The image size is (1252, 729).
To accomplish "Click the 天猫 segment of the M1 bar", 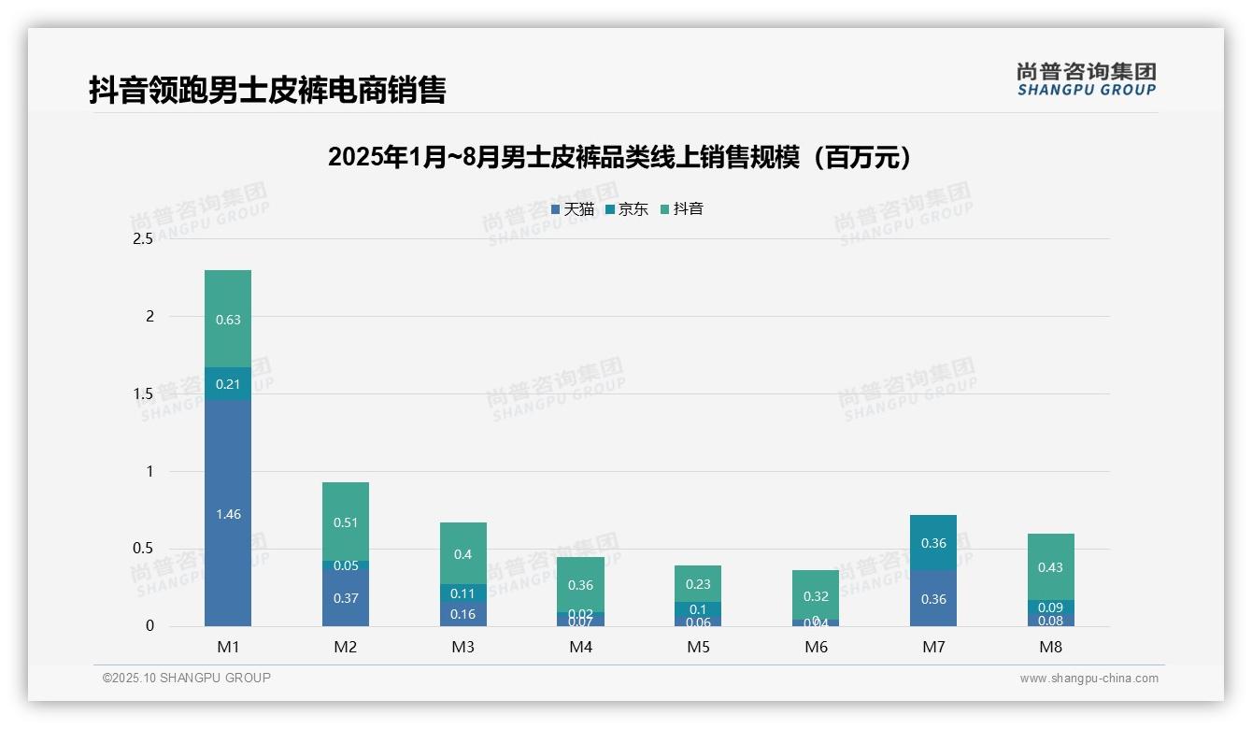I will point(228,513).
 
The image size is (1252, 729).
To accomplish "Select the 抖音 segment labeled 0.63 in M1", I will point(228,319).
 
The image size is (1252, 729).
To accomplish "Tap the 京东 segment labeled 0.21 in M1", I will point(228,383).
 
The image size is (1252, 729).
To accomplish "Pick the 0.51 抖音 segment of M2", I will point(346,522).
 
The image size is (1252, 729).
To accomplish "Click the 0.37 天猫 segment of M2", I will point(346,597).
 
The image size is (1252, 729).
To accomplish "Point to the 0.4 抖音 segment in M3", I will point(463,553).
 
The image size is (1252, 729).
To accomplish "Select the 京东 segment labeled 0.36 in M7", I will point(933,542).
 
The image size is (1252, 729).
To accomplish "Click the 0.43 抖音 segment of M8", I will point(1050,566).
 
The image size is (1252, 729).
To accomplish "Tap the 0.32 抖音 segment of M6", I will point(816,594).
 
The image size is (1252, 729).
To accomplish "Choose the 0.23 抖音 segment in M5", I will point(698,583).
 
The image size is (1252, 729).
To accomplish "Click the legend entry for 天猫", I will point(573,209).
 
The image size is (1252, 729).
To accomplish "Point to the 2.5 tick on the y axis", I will point(143,239).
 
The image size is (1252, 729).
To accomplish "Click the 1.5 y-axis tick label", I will point(143,393).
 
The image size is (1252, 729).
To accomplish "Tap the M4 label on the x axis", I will point(580,647).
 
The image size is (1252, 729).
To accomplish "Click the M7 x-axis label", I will point(933,647).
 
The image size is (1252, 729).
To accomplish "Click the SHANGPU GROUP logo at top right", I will point(1086,79).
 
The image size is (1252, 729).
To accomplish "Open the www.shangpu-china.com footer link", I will point(1088,679).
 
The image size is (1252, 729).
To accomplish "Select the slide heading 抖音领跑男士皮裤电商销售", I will point(267,90).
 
